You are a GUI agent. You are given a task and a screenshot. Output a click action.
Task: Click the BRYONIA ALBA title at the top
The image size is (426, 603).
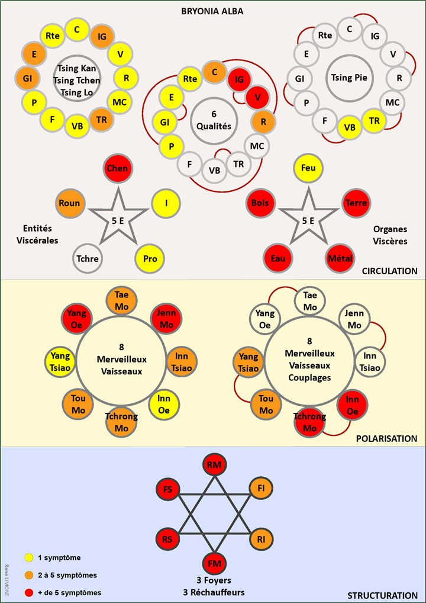click(x=212, y=11)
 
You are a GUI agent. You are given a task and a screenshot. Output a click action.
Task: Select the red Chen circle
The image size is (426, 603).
click(x=118, y=169)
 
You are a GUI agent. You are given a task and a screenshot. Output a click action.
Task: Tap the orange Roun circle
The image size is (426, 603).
click(x=70, y=203)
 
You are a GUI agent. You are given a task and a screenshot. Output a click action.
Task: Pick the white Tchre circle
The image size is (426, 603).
click(x=88, y=259)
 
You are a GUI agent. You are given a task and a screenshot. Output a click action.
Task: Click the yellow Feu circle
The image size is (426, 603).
click(x=308, y=169)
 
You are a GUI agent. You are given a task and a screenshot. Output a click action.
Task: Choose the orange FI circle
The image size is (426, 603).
click(x=261, y=489)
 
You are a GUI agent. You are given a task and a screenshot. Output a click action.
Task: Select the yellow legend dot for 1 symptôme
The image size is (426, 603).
click(x=28, y=557)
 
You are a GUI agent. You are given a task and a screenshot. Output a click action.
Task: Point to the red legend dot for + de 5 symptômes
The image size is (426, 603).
click(x=28, y=592)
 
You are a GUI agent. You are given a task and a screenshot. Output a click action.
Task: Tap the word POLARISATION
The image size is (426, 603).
click(x=388, y=439)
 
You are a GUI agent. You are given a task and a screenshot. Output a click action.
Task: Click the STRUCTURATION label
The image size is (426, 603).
click(x=383, y=595)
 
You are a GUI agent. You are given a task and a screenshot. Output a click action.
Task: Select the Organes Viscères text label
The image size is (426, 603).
click(x=390, y=235)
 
